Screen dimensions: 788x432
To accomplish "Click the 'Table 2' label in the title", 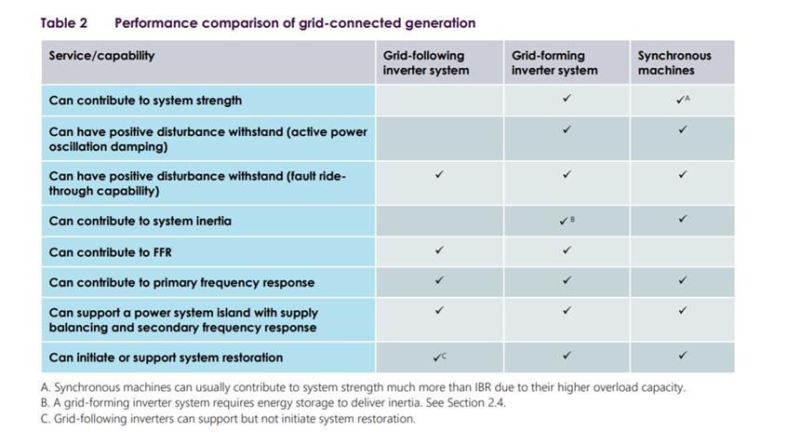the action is [x=64, y=23].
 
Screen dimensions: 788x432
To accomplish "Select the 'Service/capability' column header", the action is [x=101, y=56].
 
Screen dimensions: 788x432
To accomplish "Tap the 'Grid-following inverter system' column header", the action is [x=426, y=63].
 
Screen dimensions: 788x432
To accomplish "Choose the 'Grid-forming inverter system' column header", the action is [x=554, y=63].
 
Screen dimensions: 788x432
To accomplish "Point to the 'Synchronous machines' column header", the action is [x=674, y=63].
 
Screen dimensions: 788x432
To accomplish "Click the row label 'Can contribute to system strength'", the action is [x=145, y=101].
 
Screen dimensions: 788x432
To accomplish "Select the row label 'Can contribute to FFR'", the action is [x=110, y=252].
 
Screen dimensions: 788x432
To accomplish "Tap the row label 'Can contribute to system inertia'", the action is [x=140, y=222].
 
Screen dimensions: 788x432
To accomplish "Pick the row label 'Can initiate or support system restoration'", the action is [x=166, y=358].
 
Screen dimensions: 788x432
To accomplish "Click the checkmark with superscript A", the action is [x=683, y=100].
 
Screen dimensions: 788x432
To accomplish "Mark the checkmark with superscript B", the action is [x=567, y=221].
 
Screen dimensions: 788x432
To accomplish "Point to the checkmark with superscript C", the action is [x=439, y=358].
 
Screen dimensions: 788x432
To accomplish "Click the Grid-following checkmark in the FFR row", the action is [x=439, y=250].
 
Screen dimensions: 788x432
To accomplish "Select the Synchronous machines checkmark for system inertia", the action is [x=683, y=219].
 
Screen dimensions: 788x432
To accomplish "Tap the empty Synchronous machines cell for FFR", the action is [x=683, y=251].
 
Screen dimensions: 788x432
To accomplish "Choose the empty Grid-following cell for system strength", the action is [x=440, y=101].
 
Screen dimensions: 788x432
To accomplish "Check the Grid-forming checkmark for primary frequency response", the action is [x=567, y=280].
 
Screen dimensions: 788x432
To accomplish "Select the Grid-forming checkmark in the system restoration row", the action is [x=567, y=356].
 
